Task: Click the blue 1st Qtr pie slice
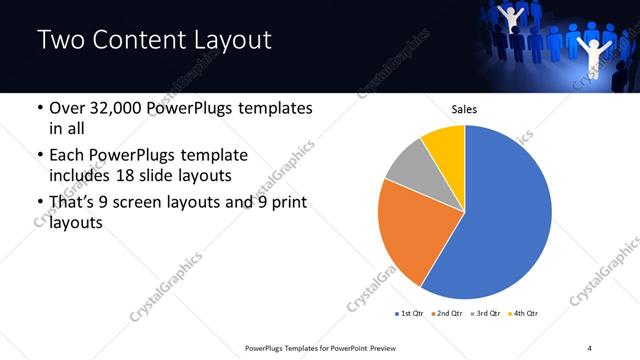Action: pos(510,220)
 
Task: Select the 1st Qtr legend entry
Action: pos(411,314)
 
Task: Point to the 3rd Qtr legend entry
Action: pos(486,314)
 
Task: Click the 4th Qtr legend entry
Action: pos(524,314)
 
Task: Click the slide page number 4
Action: pos(590,346)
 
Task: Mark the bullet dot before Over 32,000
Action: pos(38,108)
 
